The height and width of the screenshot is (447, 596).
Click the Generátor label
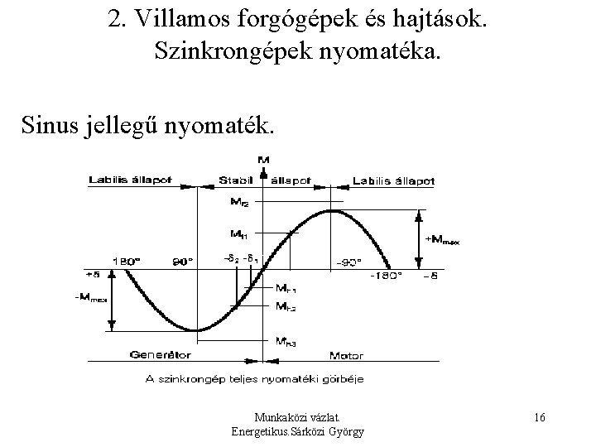tap(160, 354)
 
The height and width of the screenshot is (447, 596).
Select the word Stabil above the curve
tap(236, 181)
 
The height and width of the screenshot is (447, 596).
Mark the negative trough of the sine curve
tap(196, 330)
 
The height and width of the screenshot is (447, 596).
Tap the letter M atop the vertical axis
tap(264, 160)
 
